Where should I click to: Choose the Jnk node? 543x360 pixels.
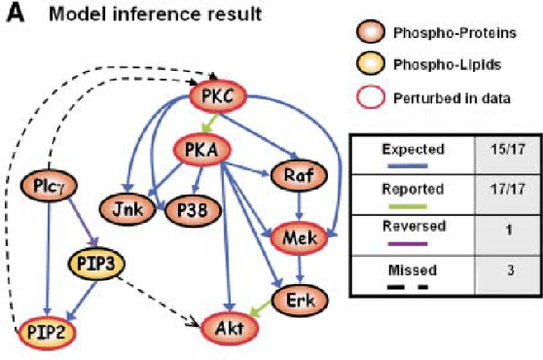click(122, 208)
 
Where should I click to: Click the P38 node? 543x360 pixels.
click(181, 208)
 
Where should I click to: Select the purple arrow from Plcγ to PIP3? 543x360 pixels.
click(69, 225)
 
